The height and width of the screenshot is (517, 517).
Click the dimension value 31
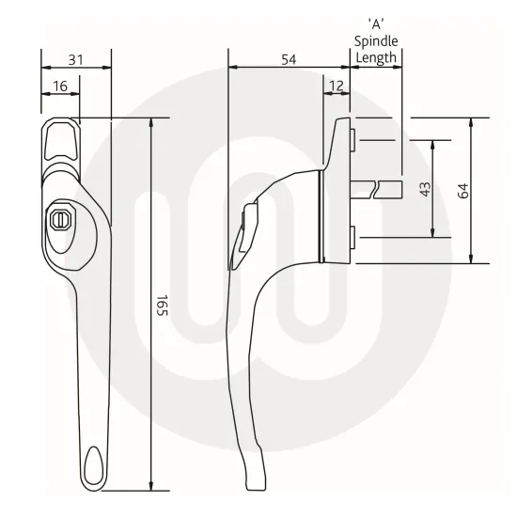[x=77, y=59]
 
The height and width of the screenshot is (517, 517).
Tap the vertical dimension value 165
[x=161, y=305]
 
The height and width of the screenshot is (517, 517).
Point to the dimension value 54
[x=290, y=59]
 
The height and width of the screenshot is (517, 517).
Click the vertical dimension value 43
[x=425, y=189]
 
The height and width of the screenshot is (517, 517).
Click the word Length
[x=376, y=57]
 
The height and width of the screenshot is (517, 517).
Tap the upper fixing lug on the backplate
[x=351, y=141]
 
